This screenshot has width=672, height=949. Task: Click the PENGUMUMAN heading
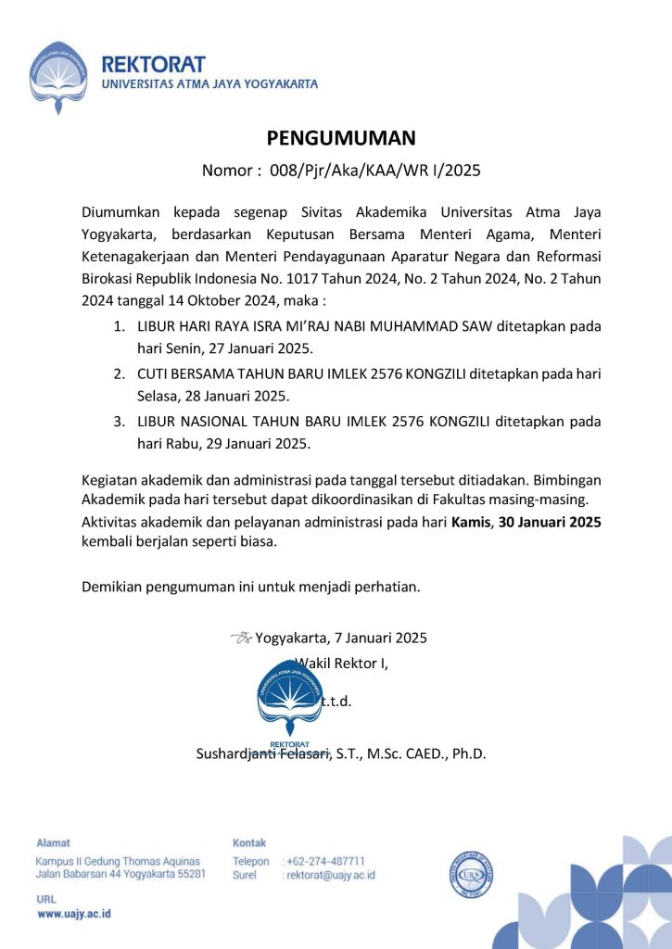tap(341, 138)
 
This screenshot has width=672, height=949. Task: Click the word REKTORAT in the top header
tap(153, 65)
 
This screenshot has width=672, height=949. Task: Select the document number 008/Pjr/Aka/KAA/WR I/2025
tap(375, 171)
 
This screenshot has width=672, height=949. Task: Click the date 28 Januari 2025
tap(241, 396)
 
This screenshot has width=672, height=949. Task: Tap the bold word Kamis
tap(470, 523)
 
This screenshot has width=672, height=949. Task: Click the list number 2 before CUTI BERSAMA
tap(119, 373)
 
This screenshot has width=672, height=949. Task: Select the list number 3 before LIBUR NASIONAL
tap(119, 421)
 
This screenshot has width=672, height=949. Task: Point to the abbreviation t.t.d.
tap(336, 701)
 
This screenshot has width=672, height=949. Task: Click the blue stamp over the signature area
tap(289, 700)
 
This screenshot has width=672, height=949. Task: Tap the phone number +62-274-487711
tap(326, 861)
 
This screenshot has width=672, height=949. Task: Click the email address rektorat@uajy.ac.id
tap(331, 875)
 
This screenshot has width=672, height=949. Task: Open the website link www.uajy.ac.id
tap(74, 914)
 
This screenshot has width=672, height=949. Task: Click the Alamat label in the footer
tap(53, 842)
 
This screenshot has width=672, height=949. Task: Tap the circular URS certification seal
tap(471, 873)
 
